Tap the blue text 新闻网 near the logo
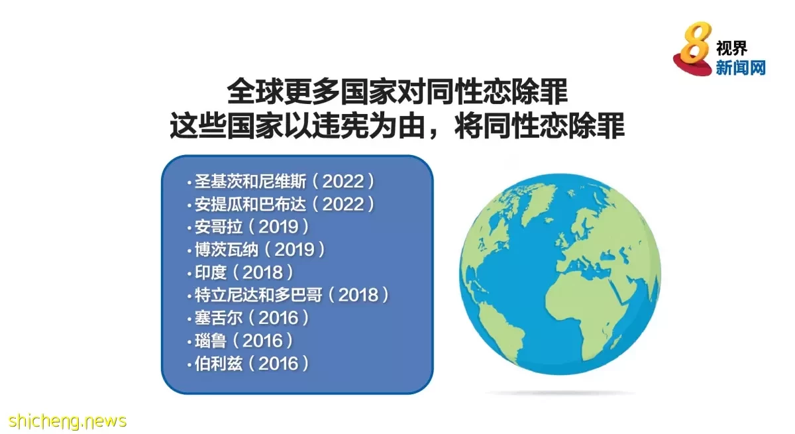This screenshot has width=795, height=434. (x=741, y=68)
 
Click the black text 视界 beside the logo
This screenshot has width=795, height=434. (x=731, y=48)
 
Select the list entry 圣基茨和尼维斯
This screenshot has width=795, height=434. (x=250, y=182)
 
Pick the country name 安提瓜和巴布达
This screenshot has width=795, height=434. (x=250, y=204)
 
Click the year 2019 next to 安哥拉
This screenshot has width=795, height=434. (x=278, y=227)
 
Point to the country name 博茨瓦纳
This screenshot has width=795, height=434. (x=227, y=250)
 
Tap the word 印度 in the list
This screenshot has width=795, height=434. (x=211, y=272)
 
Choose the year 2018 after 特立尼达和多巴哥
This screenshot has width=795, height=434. (x=358, y=295)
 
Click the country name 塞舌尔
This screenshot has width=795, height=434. (x=219, y=317)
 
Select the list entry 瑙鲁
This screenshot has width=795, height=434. (x=211, y=341)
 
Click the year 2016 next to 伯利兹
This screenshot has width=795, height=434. (x=278, y=363)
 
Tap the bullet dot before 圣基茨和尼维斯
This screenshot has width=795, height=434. (x=189, y=183)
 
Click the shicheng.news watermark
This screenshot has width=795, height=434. (x=68, y=421)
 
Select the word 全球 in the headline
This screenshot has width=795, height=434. (x=255, y=91)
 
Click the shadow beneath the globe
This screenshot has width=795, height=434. (x=560, y=393)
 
